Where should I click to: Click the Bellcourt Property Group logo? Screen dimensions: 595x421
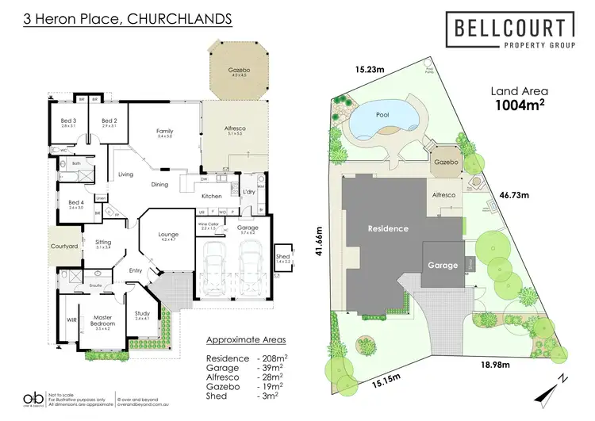click(509, 35)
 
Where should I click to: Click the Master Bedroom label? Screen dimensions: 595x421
click(101, 320)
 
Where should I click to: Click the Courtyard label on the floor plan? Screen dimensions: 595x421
click(63, 247)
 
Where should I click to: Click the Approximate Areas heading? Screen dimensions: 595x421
click(244, 339)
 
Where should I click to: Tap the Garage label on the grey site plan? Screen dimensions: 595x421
click(443, 265)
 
